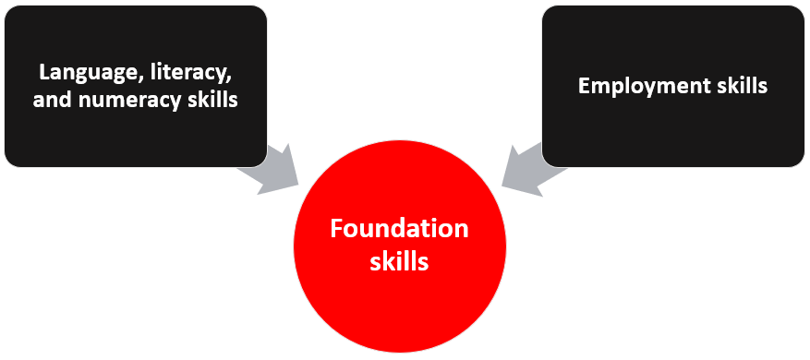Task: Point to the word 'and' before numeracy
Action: coord(51,99)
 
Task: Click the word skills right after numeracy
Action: coord(213,99)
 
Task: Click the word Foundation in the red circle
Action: coord(399,228)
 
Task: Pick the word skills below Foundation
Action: coord(399,261)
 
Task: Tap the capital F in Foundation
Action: coord(337,228)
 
